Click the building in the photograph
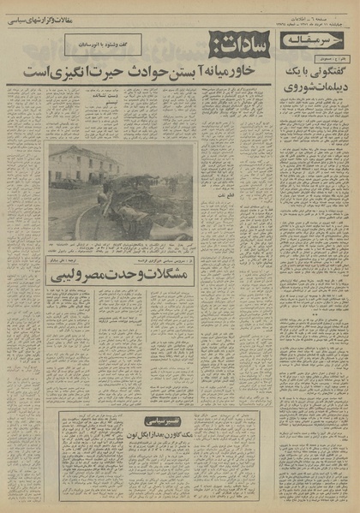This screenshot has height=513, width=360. point(81,165)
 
